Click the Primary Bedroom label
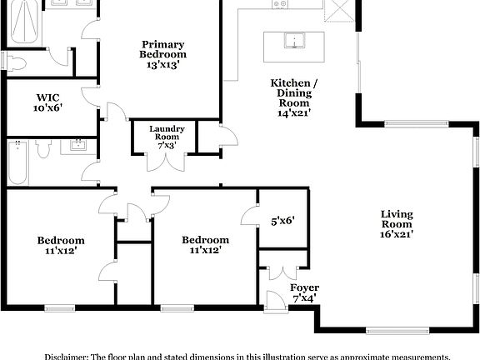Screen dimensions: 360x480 pyautogui.click(x=162, y=53)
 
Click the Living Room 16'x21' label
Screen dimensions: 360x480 pyautogui.click(x=397, y=223)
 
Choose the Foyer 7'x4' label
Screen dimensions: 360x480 pyautogui.click(x=304, y=292)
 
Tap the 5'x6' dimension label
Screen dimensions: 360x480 pyautogui.click(x=282, y=221)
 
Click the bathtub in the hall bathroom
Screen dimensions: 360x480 pyautogui.click(x=17, y=162)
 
